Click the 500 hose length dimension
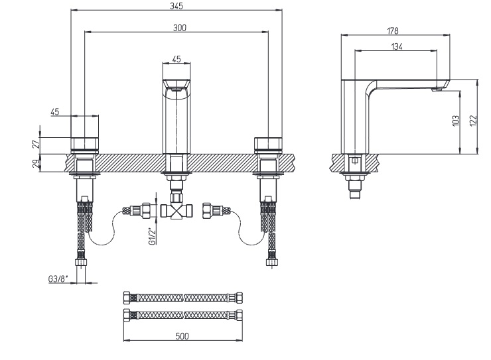click(182, 336)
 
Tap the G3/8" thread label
click(58, 279)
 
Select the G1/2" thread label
click(152, 237)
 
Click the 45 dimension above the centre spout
click(176, 59)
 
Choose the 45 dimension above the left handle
click(56, 112)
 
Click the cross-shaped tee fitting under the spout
click(176, 211)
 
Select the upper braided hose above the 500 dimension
click(183, 296)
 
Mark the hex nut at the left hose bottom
click(83, 263)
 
